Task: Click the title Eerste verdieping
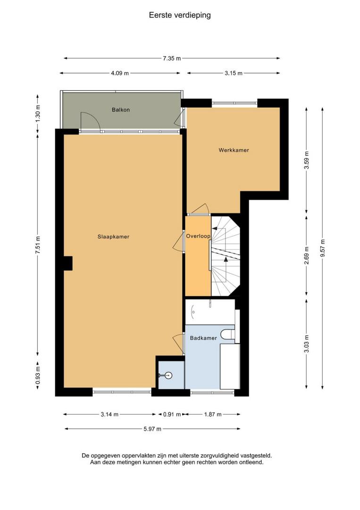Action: pyautogui.click(x=180, y=15)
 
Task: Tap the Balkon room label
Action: pyautogui.click(x=120, y=110)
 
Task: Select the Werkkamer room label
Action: pyautogui.click(x=234, y=150)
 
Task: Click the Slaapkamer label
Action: pyautogui.click(x=113, y=237)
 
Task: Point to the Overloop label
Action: pyautogui.click(x=198, y=236)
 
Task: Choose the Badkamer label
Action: pyautogui.click(x=203, y=338)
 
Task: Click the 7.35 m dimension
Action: pyautogui.click(x=172, y=59)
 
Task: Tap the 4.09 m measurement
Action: pyautogui.click(x=120, y=73)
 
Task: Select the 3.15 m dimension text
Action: pyautogui.click(x=233, y=73)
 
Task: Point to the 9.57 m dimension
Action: pyautogui.click(x=322, y=248)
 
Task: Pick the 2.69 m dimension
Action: pyautogui.click(x=306, y=255)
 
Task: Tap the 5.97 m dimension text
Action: pyautogui.click(x=152, y=429)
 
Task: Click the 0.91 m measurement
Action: pyautogui.click(x=172, y=415)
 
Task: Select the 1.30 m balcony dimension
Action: pyautogui.click(x=38, y=114)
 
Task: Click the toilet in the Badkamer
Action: pyautogui.click(x=227, y=334)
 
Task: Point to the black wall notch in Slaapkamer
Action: pyautogui.click(x=68, y=263)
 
